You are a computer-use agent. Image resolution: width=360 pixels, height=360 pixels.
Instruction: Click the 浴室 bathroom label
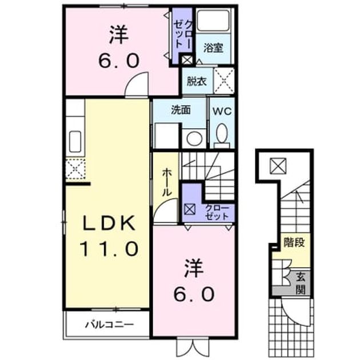pos(213,48)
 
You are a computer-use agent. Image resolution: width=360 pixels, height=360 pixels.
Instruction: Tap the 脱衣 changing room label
pos(197,81)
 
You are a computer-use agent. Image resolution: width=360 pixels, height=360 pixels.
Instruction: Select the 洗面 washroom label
pos(181,110)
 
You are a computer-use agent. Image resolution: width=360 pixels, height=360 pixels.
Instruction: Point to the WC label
pos(222,111)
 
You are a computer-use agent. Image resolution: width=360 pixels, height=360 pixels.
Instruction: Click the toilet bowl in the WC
pos(222,133)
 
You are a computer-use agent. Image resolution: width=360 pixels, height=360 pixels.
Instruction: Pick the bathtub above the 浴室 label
pos(213,20)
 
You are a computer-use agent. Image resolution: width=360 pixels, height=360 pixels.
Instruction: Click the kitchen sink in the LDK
pos(75,142)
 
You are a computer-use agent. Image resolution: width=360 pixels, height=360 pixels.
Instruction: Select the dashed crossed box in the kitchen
pos(75,169)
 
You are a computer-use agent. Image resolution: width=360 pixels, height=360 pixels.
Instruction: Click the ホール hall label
pos(167,182)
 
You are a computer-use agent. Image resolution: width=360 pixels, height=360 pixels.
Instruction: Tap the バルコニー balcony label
pos(110,325)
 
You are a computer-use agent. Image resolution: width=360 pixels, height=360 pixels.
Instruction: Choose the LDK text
pos(109,223)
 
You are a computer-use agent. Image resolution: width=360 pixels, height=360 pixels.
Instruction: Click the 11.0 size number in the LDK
pos(109,249)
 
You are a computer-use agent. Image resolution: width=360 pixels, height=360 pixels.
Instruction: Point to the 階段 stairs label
pos(294,242)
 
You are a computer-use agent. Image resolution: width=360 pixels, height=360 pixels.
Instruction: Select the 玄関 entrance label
pos(300,284)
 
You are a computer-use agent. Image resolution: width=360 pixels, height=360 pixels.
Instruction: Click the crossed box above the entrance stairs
pos(278,166)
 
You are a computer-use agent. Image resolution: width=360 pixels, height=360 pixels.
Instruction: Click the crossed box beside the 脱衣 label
pos(224,81)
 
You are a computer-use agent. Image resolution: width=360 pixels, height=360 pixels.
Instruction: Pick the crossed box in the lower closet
pos(190,209)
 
